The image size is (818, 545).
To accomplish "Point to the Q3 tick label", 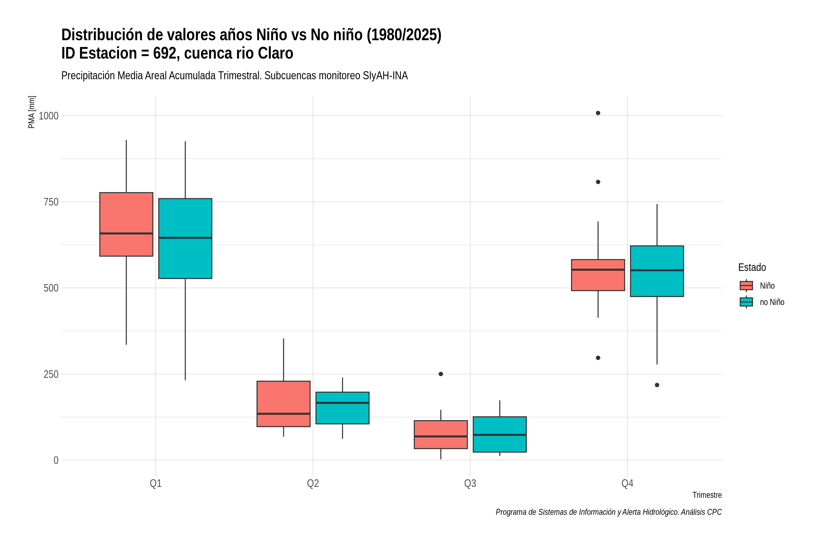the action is pos(470,483).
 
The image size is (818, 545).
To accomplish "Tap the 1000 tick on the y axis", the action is pos(48,116).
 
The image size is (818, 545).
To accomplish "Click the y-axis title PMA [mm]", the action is pos(32,112).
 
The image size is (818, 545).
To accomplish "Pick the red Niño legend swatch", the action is pos(746,285).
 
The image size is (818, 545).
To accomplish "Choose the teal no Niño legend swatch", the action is pos(746,302).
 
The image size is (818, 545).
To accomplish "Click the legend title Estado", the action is pos(752,267).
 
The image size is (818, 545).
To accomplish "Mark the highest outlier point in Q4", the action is pos(598,113).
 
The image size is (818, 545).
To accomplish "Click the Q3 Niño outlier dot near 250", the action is pos(441,374).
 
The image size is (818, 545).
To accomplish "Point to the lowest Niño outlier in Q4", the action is pos(598,358).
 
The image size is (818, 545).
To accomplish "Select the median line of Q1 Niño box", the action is pos(126,233).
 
